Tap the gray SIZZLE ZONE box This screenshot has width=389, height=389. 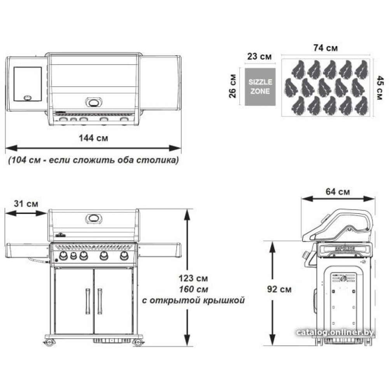260,87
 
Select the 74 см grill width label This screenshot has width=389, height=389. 325,48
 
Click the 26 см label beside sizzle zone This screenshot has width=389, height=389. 233,86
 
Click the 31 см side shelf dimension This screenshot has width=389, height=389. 26,203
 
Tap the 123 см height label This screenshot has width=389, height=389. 193,279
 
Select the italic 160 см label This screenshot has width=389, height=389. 193,289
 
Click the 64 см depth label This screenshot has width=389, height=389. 338,191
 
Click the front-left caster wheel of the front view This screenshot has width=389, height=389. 49,343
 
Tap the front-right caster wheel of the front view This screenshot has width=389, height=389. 138,343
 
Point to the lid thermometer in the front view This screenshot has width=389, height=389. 93,218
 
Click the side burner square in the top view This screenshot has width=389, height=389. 27,84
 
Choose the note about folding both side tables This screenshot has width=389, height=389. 94,160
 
